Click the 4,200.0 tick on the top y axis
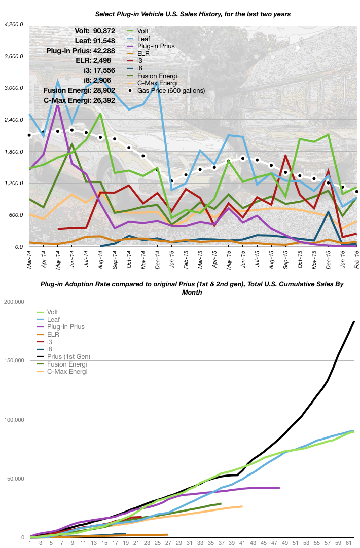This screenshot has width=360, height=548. click(x=14, y=24)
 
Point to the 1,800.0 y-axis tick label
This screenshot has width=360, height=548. click(x=14, y=152)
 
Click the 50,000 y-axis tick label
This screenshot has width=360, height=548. click(x=15, y=479)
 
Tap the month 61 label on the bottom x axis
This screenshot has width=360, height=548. click(x=348, y=543)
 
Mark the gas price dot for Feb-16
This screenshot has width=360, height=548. click(x=356, y=192)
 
